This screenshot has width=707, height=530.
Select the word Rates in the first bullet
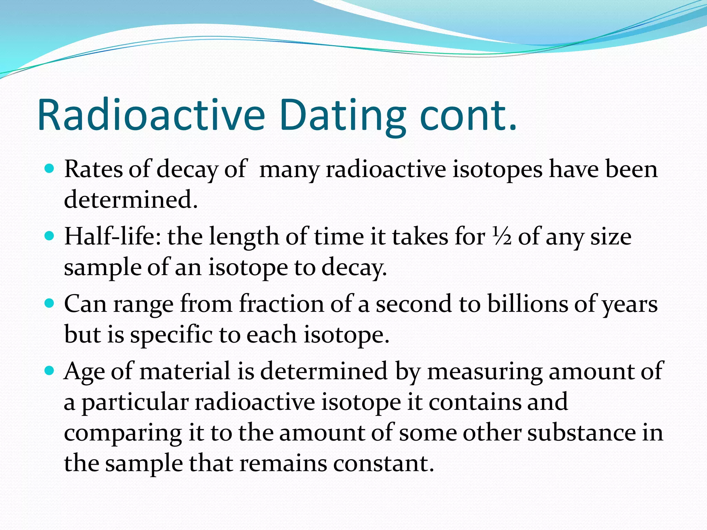[93, 169]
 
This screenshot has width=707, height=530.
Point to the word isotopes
[497, 170]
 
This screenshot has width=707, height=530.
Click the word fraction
[282, 304]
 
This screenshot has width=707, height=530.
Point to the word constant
[383, 463]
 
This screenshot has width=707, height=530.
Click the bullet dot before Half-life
[50, 236]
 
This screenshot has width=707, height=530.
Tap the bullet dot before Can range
[50, 303]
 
